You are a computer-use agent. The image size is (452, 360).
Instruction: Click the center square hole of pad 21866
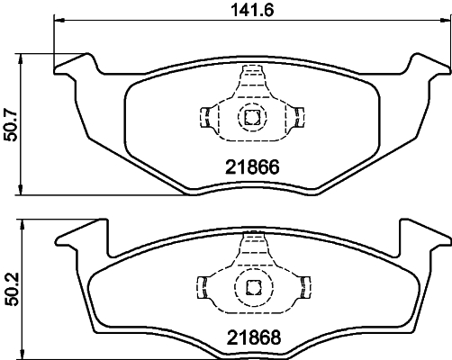point(250,116)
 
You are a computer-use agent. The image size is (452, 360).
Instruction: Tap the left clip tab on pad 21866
point(204,116)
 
